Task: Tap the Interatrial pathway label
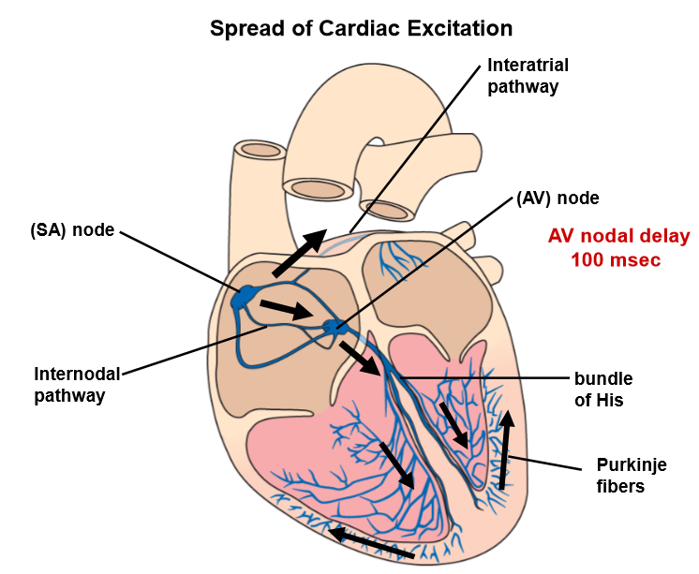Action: [528, 77]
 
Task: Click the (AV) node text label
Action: [558, 199]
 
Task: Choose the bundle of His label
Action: [603, 390]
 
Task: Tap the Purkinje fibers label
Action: [629, 475]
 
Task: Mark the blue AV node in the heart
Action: [334, 328]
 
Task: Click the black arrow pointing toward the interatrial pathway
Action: [300, 251]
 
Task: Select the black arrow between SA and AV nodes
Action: [287, 310]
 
